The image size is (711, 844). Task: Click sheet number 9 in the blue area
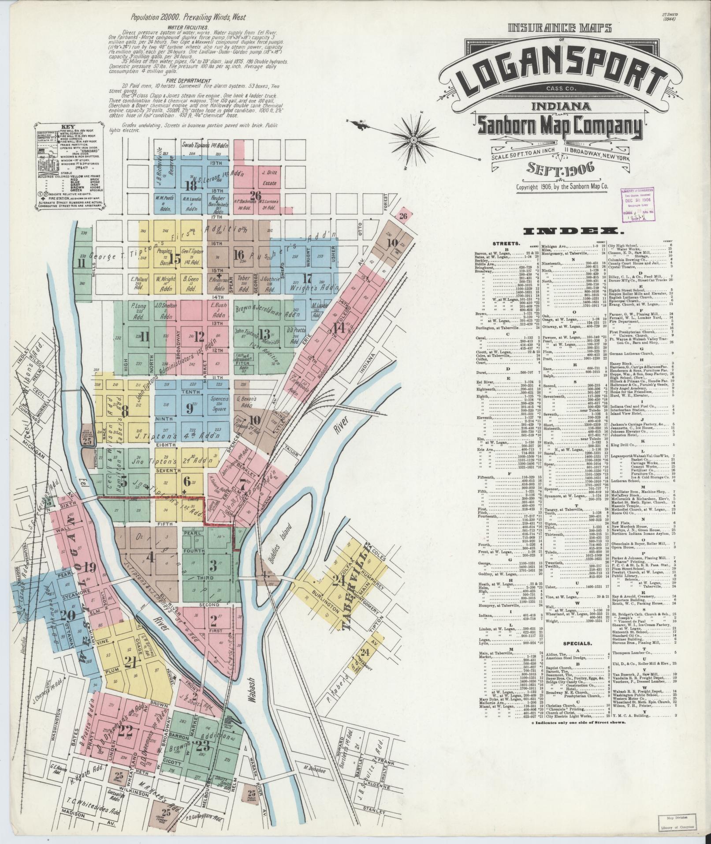(190, 408)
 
